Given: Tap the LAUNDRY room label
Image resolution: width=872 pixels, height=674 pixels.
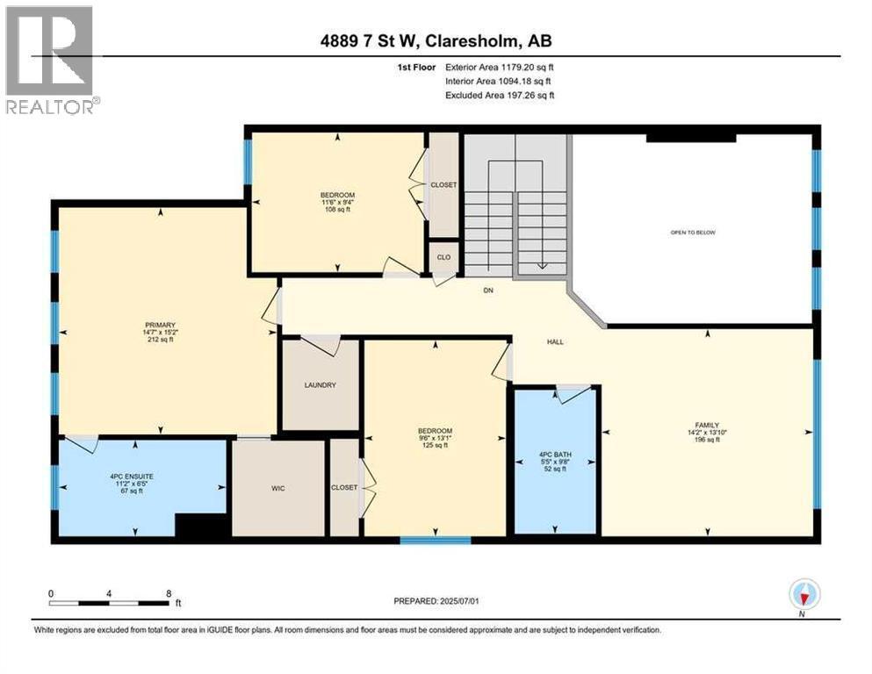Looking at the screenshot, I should point(321,385).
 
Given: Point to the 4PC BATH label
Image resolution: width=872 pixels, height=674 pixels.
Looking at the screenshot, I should point(555,455).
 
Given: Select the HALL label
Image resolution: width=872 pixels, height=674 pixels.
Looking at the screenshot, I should point(554,341).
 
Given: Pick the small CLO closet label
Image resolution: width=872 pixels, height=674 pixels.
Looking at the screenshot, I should point(443,258).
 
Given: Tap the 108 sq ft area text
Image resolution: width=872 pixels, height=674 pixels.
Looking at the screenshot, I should point(337,210).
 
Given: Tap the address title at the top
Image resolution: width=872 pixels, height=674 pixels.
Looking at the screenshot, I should point(436,40).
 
